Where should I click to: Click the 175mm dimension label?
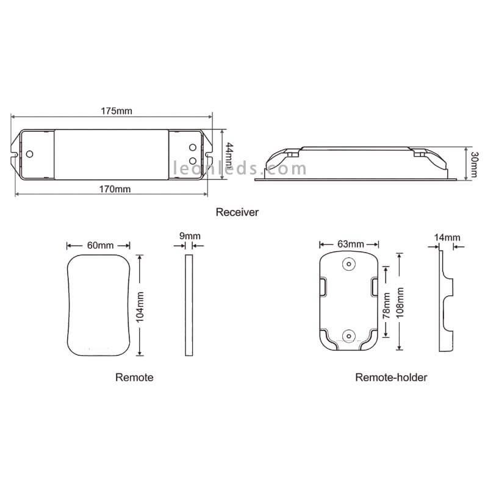[117, 111]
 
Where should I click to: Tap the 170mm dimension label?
[115, 189]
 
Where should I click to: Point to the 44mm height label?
[229, 156]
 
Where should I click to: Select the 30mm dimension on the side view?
[474, 164]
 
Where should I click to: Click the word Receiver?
[237, 212]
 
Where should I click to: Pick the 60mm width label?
[100, 245]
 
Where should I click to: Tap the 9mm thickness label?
[190, 236]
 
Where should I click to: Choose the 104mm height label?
[140, 307]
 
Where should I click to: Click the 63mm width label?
[351, 244]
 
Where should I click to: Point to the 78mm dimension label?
[386, 306]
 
